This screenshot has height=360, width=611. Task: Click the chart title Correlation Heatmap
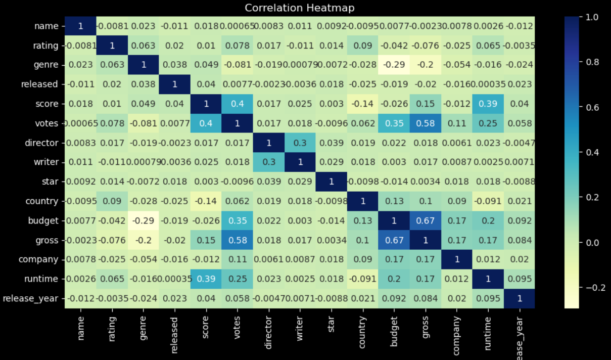(x=300, y=8)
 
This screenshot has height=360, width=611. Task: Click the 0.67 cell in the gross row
(x=394, y=240)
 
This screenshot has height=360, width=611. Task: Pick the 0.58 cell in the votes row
(x=426, y=123)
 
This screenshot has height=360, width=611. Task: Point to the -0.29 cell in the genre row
(x=394, y=65)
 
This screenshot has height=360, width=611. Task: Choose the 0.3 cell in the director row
(x=300, y=143)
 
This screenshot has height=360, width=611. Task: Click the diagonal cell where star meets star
(x=332, y=182)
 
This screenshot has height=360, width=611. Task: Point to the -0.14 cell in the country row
(x=206, y=201)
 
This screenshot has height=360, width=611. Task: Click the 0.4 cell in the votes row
(x=206, y=123)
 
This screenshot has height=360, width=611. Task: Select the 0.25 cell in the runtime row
(x=238, y=279)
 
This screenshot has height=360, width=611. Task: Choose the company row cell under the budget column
(x=394, y=259)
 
